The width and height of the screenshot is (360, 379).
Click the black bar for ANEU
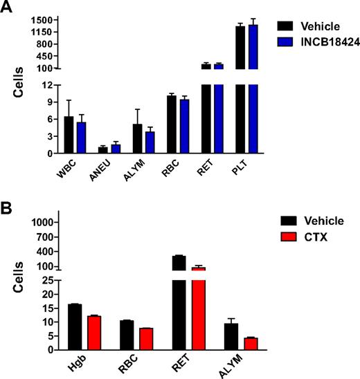pyautogui.click(x=103, y=150)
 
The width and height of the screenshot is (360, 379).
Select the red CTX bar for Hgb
pyautogui.click(x=93, y=333)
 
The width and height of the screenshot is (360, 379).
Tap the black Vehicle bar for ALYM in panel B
pyautogui.click(x=231, y=336)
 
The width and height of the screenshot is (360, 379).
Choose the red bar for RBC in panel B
pyautogui.click(x=146, y=339)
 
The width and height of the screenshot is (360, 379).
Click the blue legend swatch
pyautogui.click(x=286, y=42)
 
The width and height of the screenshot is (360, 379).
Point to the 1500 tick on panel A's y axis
pyautogui.click(x=46, y=20)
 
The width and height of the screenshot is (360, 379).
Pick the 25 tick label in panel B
pyautogui.click(x=47, y=280)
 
